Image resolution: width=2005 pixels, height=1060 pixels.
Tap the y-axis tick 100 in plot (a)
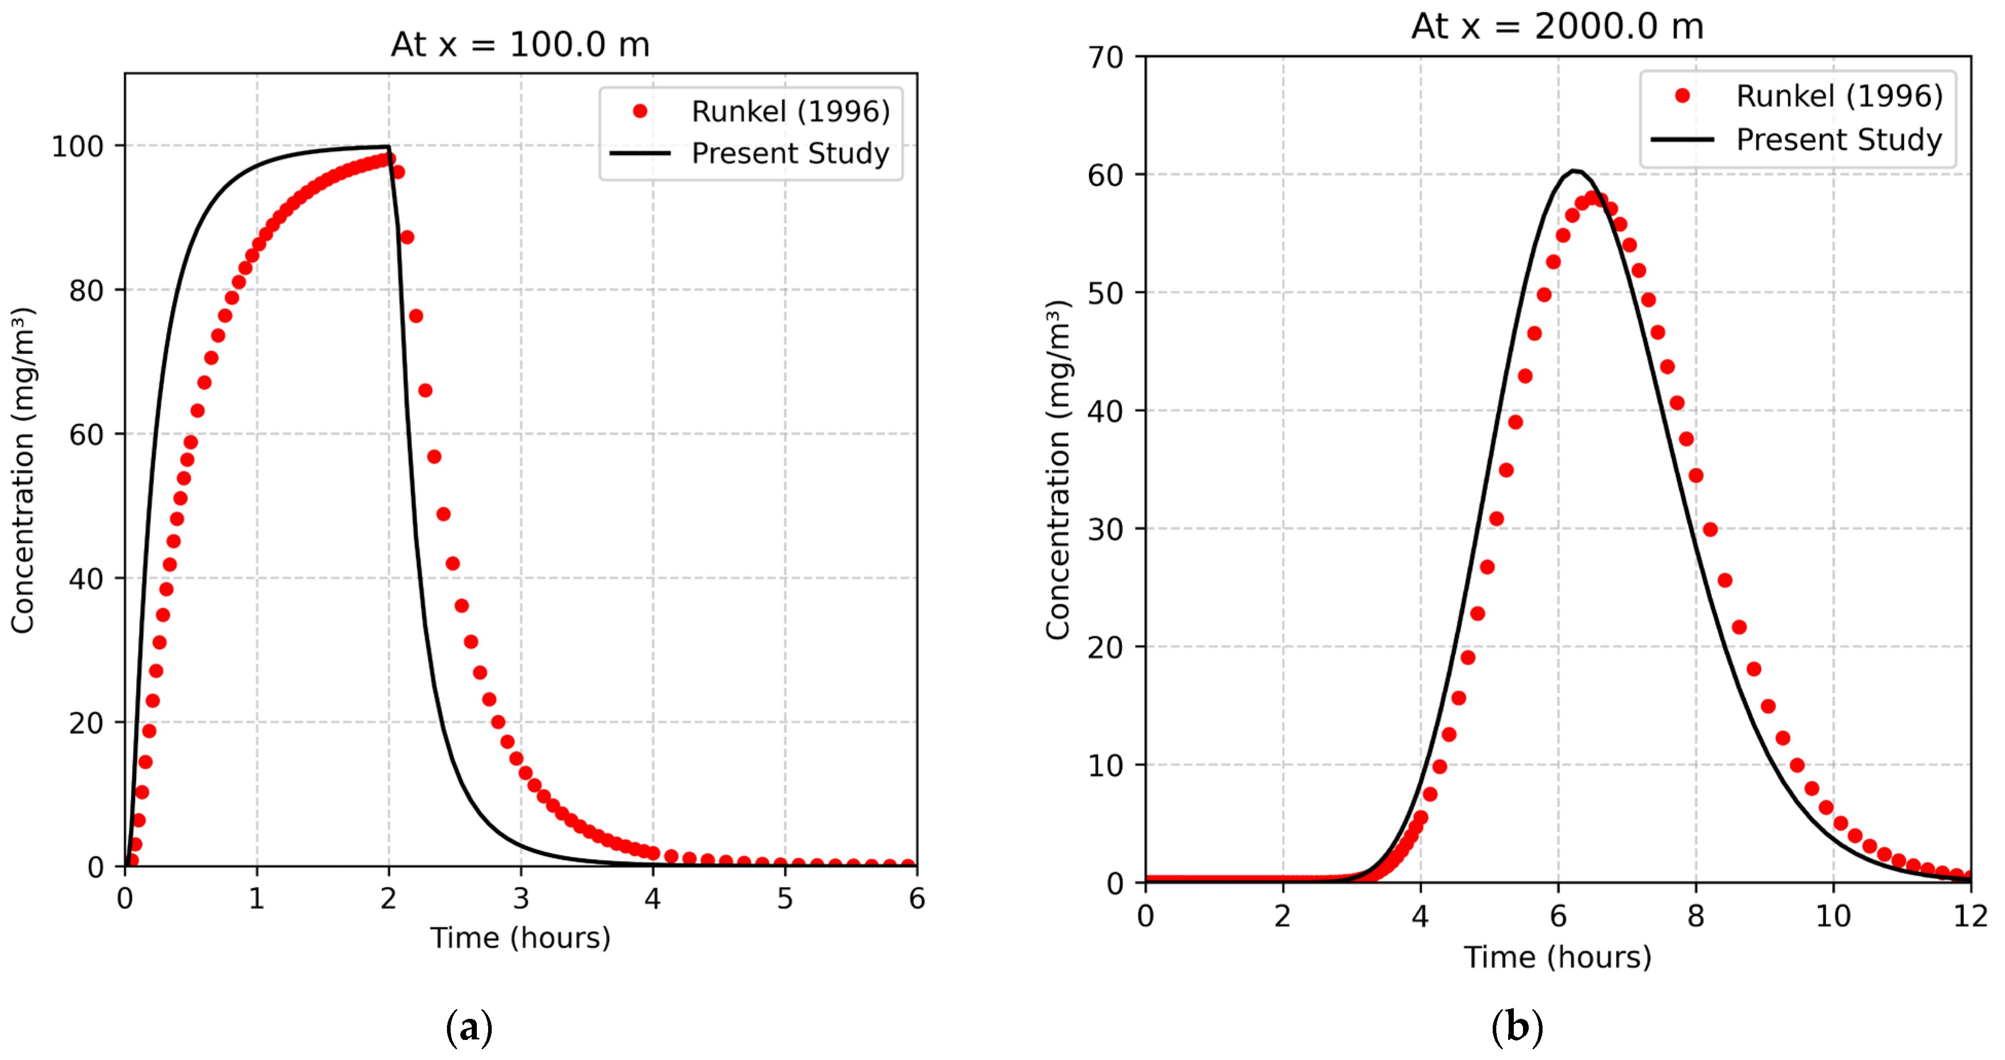(77, 146)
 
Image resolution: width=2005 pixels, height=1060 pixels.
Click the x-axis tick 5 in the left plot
(784, 899)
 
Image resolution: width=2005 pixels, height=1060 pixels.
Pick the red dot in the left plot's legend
(640, 111)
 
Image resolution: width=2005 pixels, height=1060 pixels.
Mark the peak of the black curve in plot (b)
(1574, 170)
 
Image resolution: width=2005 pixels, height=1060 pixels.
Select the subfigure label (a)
(469, 1028)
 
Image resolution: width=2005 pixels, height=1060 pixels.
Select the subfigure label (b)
(1516, 1028)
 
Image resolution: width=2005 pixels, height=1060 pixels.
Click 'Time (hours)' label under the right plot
(1558, 957)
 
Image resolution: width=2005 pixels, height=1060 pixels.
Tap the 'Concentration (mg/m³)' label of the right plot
(1058, 470)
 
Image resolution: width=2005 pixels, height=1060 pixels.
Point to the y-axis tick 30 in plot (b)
(1105, 530)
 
